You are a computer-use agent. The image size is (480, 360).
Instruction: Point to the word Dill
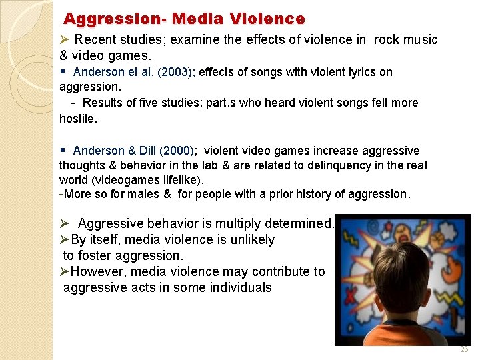(143, 151)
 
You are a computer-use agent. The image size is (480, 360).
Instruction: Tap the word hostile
(77, 119)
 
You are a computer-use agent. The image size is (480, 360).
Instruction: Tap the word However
(99, 271)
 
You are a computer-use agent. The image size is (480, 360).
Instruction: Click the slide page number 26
(464, 349)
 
